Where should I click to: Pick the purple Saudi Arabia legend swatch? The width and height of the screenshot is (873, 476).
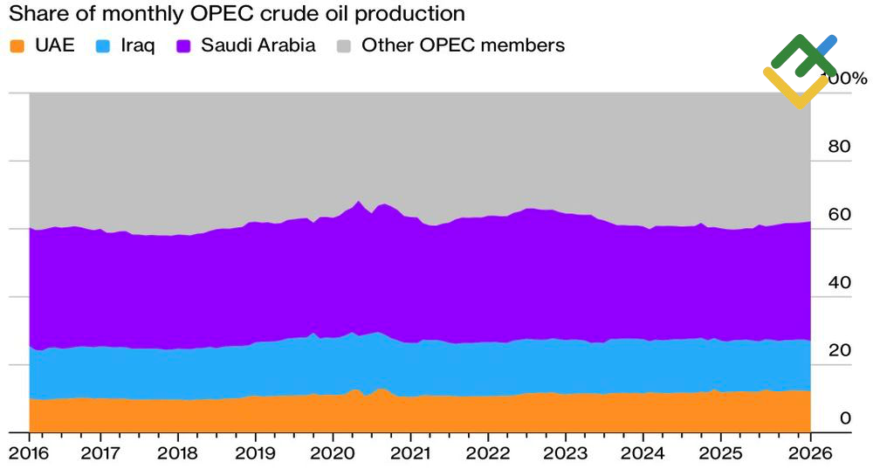pyautogui.click(x=185, y=45)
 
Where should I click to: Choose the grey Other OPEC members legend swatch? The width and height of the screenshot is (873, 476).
pyautogui.click(x=345, y=45)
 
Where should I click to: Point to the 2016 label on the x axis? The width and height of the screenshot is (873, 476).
pyautogui.click(x=30, y=455)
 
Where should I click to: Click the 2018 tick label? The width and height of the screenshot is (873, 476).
pyautogui.click(x=177, y=455)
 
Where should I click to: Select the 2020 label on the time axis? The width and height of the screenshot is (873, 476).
pyautogui.click(x=333, y=455)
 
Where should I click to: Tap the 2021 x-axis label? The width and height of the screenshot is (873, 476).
pyautogui.click(x=410, y=455)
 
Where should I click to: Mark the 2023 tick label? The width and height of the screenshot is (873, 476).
pyautogui.click(x=565, y=455)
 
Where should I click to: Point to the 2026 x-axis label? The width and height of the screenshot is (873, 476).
pyautogui.click(x=810, y=455)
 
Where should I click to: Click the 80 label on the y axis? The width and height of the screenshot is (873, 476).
pyautogui.click(x=839, y=147)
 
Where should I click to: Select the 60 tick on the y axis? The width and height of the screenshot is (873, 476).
pyautogui.click(x=839, y=215)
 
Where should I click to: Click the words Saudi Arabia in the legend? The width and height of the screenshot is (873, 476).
pyautogui.click(x=258, y=45)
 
